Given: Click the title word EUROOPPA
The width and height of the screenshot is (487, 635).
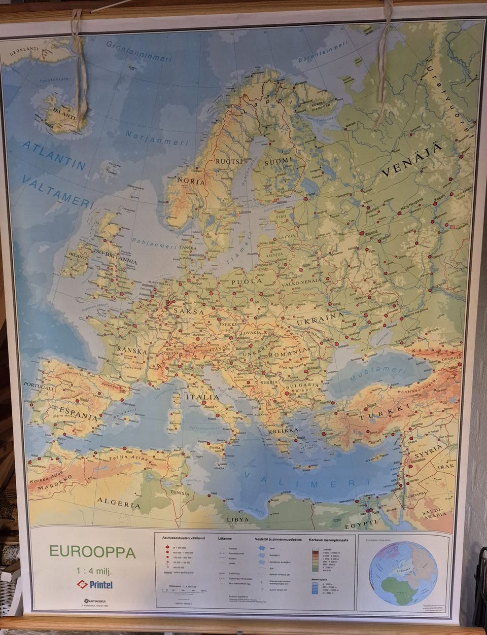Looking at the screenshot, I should [x=92, y=552].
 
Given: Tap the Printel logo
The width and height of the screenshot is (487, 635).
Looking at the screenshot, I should [x=95, y=584].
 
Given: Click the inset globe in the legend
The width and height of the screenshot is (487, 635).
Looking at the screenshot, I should [x=403, y=573].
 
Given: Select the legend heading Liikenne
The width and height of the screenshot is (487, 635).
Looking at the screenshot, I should [x=225, y=539].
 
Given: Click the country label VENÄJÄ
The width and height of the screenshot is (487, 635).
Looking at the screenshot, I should [x=411, y=160].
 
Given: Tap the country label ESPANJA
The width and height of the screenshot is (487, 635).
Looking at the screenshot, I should [x=79, y=414].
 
